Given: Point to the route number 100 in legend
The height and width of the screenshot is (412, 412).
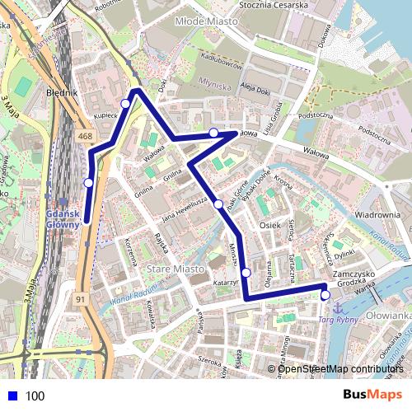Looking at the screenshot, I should [x=35, y=396].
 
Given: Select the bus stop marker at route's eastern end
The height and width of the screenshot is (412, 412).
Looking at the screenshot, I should [x=325, y=295].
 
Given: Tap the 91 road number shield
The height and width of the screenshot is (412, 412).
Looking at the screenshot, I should [x=80, y=298].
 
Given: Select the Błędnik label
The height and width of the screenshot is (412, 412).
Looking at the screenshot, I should [x=62, y=93].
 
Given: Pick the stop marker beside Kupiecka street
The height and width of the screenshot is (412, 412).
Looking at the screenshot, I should [x=125, y=103].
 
